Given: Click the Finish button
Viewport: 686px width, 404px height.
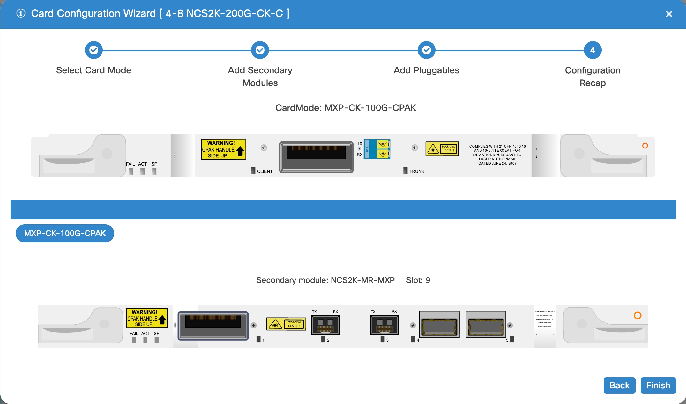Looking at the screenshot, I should [x=658, y=385].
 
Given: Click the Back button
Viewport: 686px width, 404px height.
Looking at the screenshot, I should [x=619, y=385].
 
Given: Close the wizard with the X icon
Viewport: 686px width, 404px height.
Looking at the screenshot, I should [x=669, y=14].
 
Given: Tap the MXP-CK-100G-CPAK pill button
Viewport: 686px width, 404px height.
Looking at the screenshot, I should [x=65, y=233].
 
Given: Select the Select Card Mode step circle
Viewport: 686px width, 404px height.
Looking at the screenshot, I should [x=93, y=50].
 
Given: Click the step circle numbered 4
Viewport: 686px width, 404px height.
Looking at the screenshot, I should [x=593, y=50].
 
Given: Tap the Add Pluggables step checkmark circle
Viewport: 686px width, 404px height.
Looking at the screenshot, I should [x=426, y=50].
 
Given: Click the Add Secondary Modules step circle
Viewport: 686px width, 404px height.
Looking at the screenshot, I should [x=260, y=50].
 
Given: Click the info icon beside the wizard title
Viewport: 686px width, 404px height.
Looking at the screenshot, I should [x=21, y=13].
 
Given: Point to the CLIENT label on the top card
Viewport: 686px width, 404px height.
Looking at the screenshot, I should [x=265, y=171].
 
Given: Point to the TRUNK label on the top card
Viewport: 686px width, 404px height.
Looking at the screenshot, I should [x=417, y=171].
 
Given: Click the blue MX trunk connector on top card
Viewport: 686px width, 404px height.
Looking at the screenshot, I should [x=377, y=149].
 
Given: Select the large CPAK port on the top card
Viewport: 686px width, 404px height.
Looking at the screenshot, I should [x=316, y=157].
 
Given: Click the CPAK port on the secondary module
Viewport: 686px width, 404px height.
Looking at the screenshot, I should [x=213, y=326].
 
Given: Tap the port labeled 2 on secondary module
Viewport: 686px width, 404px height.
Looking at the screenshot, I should [x=325, y=325].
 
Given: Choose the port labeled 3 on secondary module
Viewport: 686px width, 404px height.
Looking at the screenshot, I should [x=384, y=325].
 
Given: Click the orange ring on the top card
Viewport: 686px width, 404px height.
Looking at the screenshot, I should [x=645, y=146].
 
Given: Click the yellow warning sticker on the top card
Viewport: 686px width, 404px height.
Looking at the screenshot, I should [x=223, y=149].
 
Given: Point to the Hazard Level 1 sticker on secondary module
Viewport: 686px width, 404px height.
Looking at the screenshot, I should [x=286, y=324].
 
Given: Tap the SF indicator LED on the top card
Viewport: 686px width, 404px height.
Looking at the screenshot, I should [x=154, y=171].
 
